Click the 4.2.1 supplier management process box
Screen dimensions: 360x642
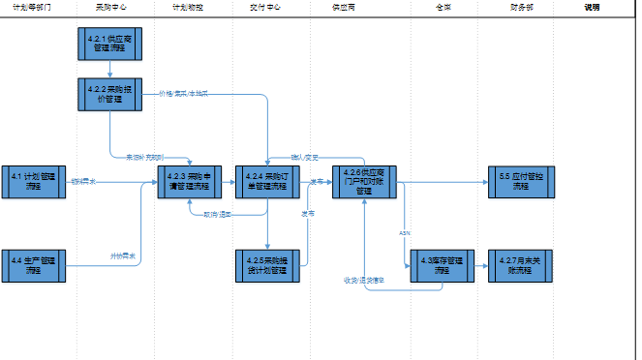(x=110, y=45)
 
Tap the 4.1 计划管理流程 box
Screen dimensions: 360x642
(x=33, y=182)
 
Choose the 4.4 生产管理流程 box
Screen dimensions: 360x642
(x=33, y=264)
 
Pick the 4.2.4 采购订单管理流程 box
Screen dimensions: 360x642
(x=267, y=182)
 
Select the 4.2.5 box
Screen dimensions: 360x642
(x=267, y=265)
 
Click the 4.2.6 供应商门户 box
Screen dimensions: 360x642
(x=364, y=182)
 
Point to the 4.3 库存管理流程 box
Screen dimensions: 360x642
(x=442, y=265)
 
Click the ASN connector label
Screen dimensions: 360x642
(x=405, y=233)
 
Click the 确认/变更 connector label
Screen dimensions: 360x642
(x=305, y=157)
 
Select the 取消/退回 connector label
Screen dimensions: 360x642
(x=217, y=215)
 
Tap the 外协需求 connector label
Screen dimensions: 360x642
(x=122, y=256)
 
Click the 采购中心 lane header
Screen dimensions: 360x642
(x=110, y=7)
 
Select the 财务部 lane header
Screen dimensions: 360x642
(x=520, y=7)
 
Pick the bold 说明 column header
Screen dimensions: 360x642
(x=592, y=7)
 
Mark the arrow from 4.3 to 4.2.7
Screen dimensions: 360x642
(x=481, y=265)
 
